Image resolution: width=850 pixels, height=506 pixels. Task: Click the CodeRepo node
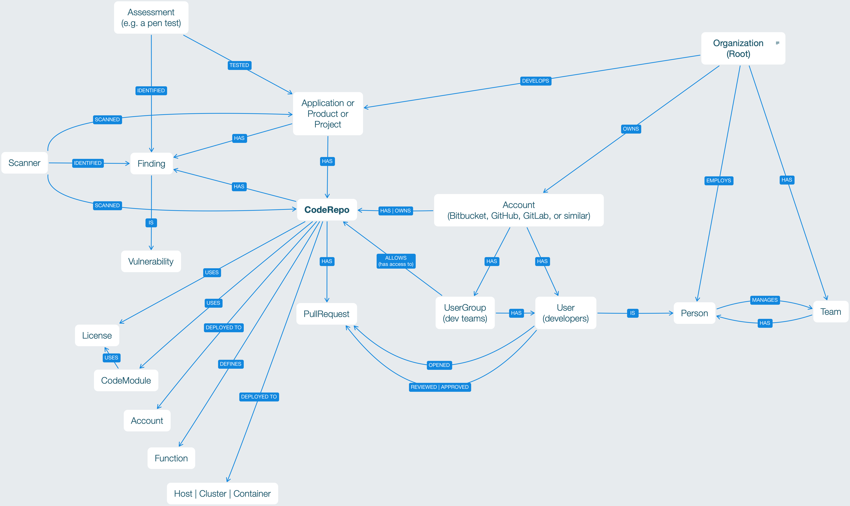coord(327,210)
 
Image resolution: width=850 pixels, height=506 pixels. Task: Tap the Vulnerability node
coord(151,262)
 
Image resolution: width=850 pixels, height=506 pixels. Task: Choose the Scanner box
coord(24,163)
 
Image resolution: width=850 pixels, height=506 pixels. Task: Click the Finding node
coord(151,164)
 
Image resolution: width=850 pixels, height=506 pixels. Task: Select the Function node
coord(171,458)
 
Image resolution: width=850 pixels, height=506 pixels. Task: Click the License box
coord(97,336)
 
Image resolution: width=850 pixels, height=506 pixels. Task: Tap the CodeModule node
coord(126,380)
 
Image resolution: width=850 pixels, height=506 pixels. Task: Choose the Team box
coord(831,312)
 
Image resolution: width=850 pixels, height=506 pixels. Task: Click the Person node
coord(694,313)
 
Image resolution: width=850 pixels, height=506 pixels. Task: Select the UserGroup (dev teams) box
coord(465,313)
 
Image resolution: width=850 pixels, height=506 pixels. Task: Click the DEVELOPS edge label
coord(535,81)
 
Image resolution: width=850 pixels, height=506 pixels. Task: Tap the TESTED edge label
coord(239,65)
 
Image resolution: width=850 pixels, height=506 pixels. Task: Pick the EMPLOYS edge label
coord(718,180)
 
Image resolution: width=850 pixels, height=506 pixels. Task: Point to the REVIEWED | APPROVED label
coord(440,387)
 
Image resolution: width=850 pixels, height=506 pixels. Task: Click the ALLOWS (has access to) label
coord(396,261)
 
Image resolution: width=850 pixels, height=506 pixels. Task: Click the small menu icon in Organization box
coord(777,43)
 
